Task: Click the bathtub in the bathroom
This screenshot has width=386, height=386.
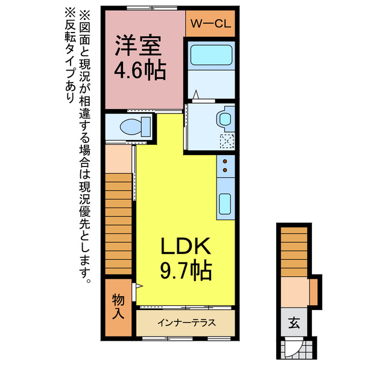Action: [x=211, y=57]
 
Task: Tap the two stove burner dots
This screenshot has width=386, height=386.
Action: [x=225, y=167]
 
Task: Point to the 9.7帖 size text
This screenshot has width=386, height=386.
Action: [x=185, y=270]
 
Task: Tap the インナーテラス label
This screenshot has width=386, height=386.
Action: [x=186, y=323]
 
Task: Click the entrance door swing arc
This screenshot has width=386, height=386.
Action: [x=292, y=347]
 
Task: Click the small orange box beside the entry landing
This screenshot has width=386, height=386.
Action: [x=313, y=291]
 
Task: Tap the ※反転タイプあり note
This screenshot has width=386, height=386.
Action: [x=71, y=54]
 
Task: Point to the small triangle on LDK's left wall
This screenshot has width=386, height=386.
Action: [x=139, y=286]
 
